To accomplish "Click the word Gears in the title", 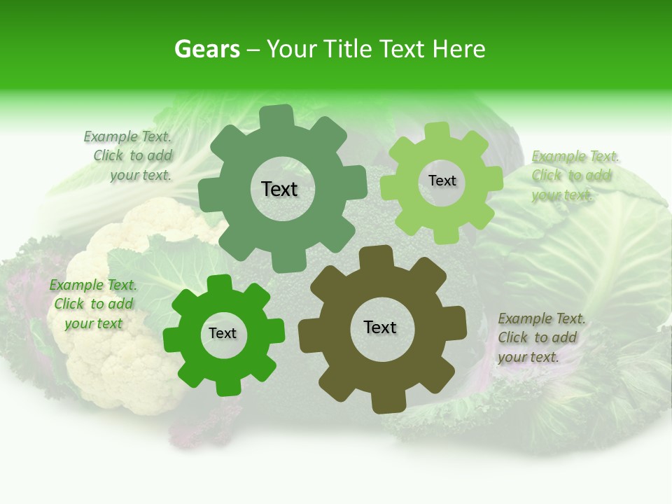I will pos(207,49).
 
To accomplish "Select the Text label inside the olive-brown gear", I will pos(380,328).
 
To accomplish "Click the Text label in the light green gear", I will pos(442,181).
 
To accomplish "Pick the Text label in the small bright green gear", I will pos(223,334).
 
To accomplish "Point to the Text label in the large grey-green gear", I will pos(279,189).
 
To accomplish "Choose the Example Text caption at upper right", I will pos(575,176).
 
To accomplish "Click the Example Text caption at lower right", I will pos(541,337).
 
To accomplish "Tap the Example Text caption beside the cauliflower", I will pos(93,304).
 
